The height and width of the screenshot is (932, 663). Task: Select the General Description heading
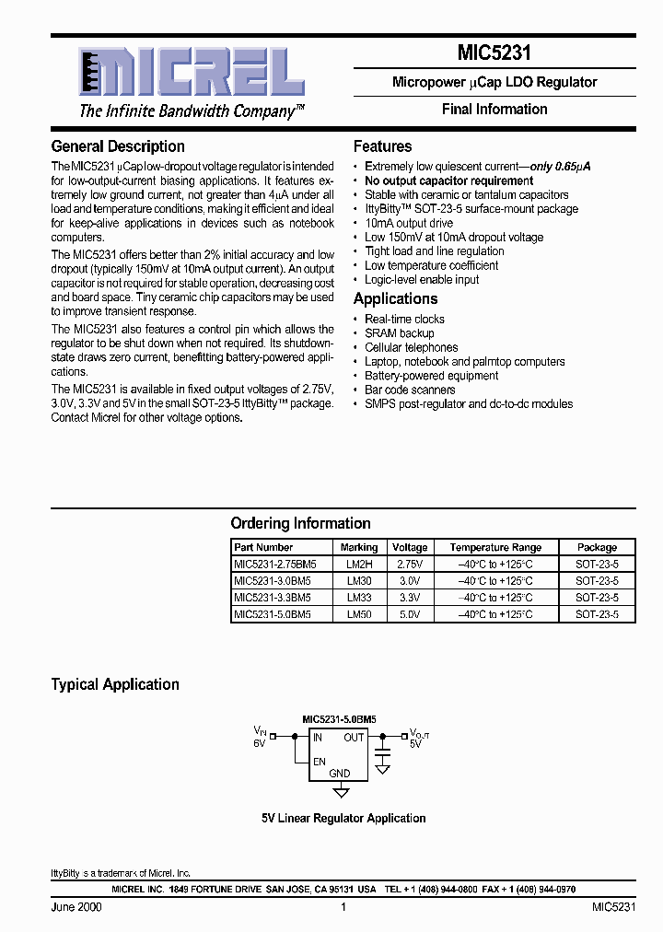[118, 146]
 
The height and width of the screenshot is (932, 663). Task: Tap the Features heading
[382, 146]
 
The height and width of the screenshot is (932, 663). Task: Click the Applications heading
[395, 298]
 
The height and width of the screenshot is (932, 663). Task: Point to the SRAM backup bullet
[399, 333]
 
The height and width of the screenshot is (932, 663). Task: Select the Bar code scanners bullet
[410, 390]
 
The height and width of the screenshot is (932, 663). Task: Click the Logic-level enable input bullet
[422, 279]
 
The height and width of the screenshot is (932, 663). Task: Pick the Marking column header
[359, 547]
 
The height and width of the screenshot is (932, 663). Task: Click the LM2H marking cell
[359, 564]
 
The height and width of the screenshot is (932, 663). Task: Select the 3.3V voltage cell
[410, 597]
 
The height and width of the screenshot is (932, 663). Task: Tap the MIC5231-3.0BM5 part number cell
[273, 580]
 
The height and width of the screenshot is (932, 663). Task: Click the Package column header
[597, 547]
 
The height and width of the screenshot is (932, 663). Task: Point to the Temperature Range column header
[495, 547]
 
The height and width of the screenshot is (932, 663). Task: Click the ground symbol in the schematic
[341, 791]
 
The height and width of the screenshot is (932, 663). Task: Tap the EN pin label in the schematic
[319, 761]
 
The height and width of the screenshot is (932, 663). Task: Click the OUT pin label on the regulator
[354, 737]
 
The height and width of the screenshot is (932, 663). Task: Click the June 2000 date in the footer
[76, 907]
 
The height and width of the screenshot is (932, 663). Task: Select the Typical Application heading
[115, 684]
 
